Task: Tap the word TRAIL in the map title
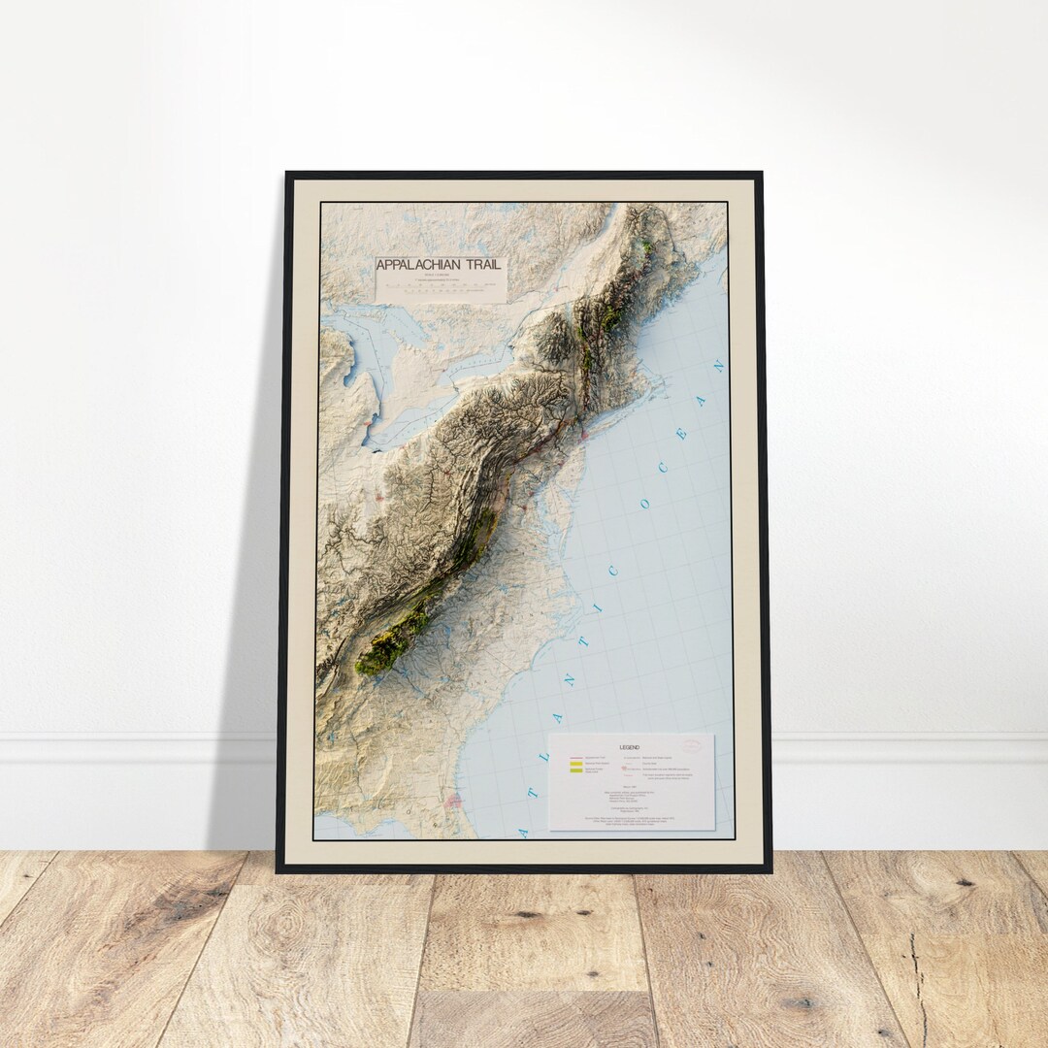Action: pos(485,265)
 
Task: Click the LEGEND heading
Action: pos(631,747)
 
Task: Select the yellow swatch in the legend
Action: pos(575,766)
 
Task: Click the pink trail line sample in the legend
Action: pos(575,756)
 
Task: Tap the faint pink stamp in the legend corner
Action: pos(693,745)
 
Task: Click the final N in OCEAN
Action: pos(718,367)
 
